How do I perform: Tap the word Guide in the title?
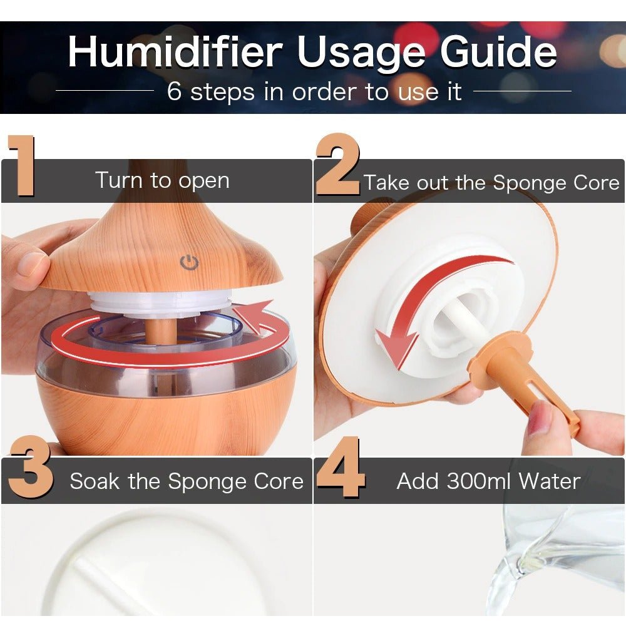(498, 52)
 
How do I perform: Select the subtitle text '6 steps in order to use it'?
(314, 91)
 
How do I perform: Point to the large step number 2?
(338, 164)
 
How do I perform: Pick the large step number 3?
(30, 466)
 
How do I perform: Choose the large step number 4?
(341, 466)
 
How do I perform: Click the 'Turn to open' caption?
(163, 180)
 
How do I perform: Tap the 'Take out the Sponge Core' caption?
(491, 183)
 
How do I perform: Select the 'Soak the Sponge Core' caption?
(187, 481)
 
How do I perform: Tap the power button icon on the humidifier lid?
(189, 263)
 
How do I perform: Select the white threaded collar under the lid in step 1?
(160, 304)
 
